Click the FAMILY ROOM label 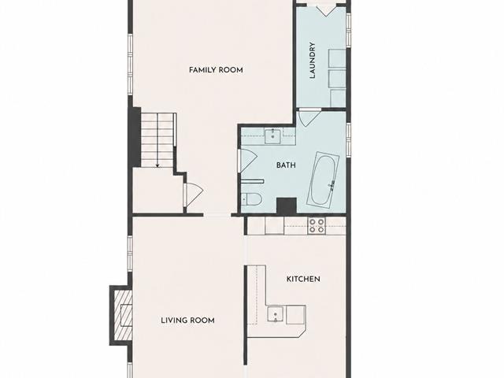216,70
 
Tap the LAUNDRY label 312,61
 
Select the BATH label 286,165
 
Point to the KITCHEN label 303,279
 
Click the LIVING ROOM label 187,321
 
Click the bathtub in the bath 324,179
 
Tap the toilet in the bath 252,198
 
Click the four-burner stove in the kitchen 317,225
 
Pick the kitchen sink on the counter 276,314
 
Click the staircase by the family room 157,140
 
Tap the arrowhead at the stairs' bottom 157,166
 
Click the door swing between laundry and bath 309,117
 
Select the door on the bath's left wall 246,161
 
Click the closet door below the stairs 193,195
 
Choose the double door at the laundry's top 326,9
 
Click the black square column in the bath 287,206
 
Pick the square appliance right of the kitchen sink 296,315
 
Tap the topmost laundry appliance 337,58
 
